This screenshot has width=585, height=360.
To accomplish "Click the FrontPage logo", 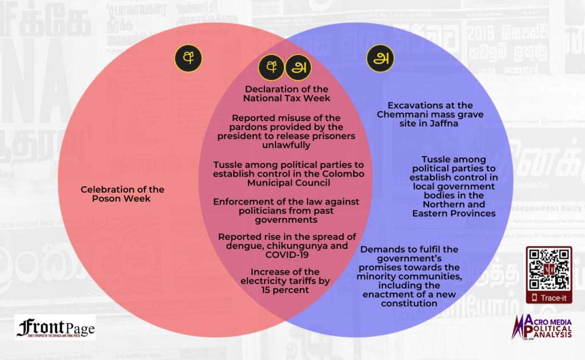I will [55, 327].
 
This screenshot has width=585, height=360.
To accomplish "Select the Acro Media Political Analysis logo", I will [543, 329].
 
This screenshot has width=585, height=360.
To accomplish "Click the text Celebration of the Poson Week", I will [122, 194].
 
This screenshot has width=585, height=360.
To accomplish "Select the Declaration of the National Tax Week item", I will [286, 93].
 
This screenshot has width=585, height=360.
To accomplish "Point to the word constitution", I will [409, 303].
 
